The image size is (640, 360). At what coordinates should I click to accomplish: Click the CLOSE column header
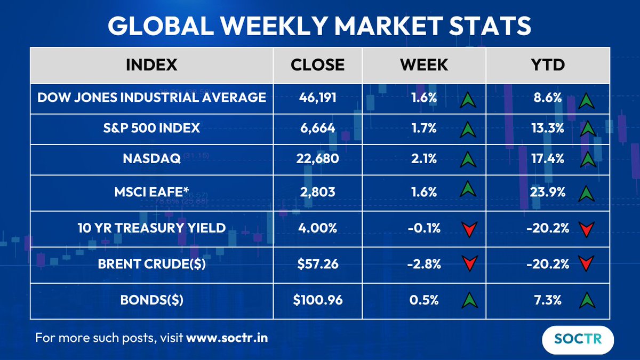tap(317, 65)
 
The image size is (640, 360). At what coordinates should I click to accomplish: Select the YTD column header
tap(548, 65)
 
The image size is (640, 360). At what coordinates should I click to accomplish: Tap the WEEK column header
tap(424, 65)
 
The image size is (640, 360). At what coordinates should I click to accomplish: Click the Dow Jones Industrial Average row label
tap(151, 98)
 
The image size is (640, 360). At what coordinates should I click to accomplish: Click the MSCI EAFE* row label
tap(151, 191)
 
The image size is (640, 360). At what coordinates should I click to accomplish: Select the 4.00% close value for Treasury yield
tap(317, 228)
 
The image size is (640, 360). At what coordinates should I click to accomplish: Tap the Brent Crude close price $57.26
tap(317, 263)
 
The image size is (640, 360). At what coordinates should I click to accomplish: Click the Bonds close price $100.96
tap(317, 300)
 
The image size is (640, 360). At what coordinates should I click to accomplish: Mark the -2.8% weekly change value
tap(425, 263)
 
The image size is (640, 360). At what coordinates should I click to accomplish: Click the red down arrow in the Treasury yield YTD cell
tap(586, 229)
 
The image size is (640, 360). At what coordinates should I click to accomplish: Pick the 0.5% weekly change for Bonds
tap(425, 300)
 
